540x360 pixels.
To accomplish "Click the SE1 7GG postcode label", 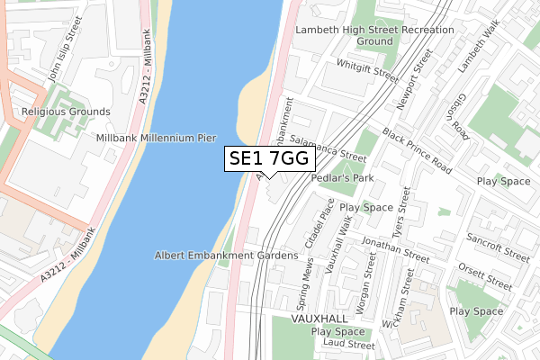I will coord(270,158).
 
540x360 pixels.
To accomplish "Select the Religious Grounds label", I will coord(67,112).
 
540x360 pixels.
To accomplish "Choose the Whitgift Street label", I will coord(366,69).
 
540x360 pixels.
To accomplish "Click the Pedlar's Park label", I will coord(341,178).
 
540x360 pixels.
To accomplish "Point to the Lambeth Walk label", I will coord(476,49).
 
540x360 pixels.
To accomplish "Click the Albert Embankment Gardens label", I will coord(226,256).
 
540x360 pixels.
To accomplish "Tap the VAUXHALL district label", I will coord(319,319).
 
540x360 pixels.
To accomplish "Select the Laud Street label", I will coord(349,345).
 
